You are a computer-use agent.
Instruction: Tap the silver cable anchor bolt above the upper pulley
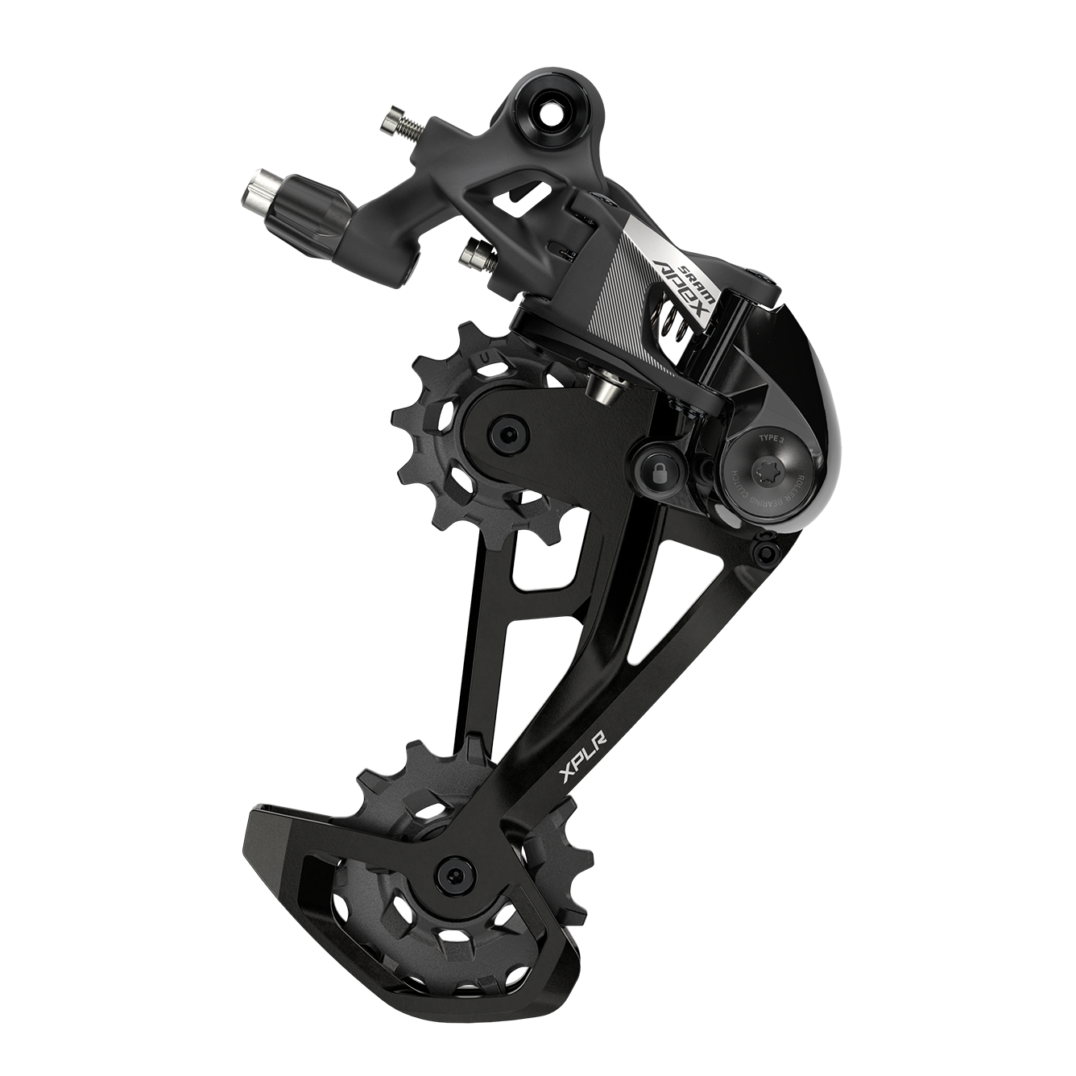pyautogui.click(x=606, y=386)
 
